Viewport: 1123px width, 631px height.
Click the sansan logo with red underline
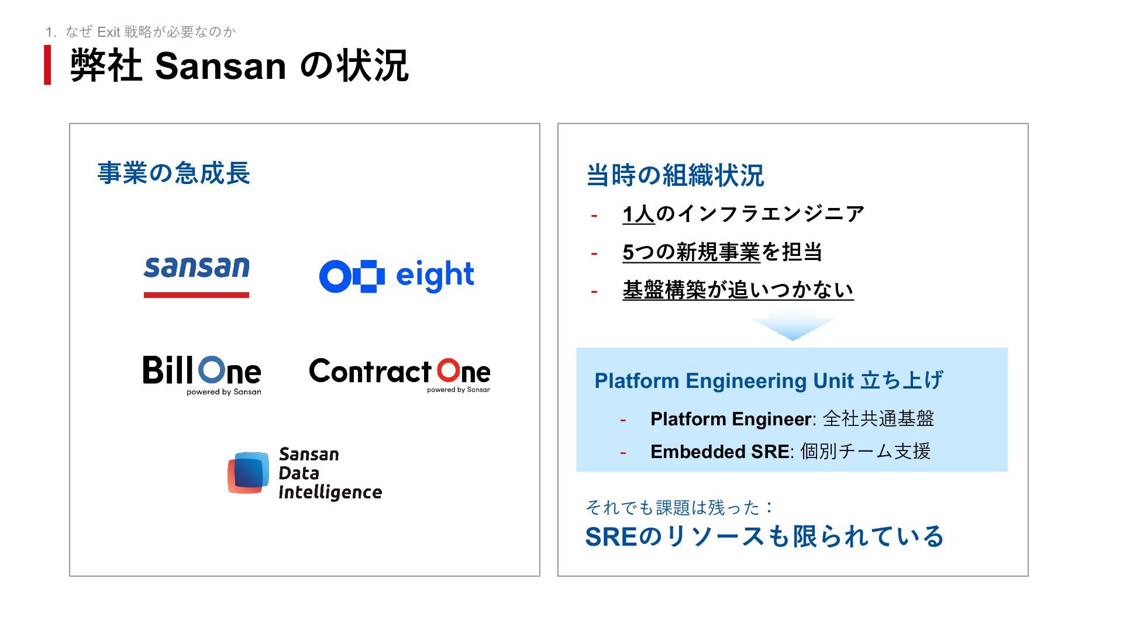[x=197, y=276]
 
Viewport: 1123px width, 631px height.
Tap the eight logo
[x=397, y=276]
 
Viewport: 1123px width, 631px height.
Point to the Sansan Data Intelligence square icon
[x=248, y=473]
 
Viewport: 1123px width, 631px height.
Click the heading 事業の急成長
[x=174, y=173]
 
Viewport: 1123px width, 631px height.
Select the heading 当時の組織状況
[x=675, y=175]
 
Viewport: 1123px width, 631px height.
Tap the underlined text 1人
[x=638, y=214]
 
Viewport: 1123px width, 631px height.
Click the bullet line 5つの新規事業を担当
[x=722, y=252]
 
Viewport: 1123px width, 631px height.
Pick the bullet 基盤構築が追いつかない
[x=738, y=290]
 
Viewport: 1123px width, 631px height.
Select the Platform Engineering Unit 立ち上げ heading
[x=769, y=380]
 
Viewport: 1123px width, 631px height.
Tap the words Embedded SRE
[x=719, y=452]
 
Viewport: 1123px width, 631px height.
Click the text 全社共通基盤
[x=879, y=419]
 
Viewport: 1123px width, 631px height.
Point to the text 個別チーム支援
[x=865, y=452]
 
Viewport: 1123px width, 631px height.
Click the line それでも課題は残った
[x=678, y=507]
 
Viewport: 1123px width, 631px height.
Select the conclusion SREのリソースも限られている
[x=764, y=536]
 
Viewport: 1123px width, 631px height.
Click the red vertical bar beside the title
[x=47, y=65]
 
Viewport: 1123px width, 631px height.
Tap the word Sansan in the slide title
[x=221, y=66]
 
